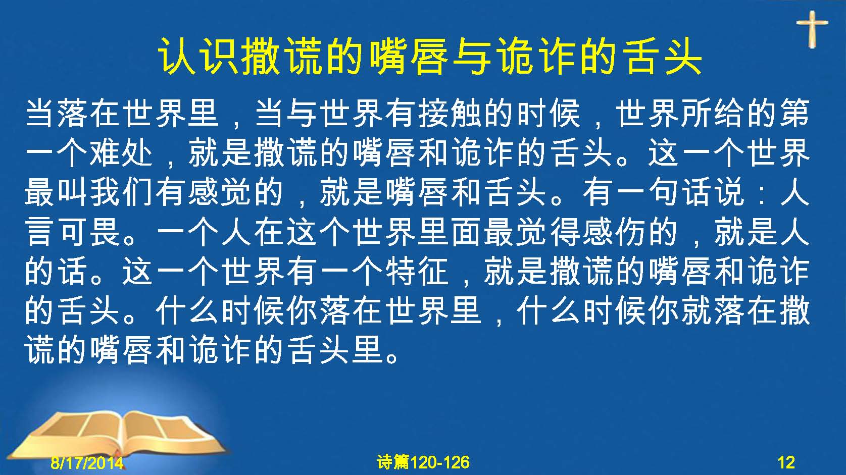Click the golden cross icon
(x=812, y=29)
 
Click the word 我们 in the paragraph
(x=122, y=192)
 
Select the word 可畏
(x=89, y=232)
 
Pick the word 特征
(x=417, y=272)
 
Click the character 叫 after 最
(x=73, y=192)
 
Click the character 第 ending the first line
(x=794, y=113)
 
